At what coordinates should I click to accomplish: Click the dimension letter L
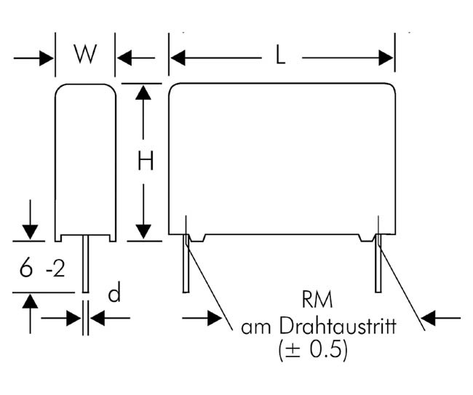[x=280, y=57]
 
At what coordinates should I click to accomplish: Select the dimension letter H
[x=146, y=161]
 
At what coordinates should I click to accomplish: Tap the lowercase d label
[x=114, y=293]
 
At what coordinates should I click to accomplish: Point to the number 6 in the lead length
[x=26, y=269]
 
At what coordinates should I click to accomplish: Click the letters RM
[x=317, y=300]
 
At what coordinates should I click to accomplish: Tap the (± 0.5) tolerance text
[x=313, y=351]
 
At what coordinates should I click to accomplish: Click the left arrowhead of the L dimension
[x=178, y=57]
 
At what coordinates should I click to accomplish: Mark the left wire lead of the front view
[x=186, y=266]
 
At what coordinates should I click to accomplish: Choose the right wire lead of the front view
[x=378, y=266]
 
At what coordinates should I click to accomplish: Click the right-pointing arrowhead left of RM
[x=215, y=317]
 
